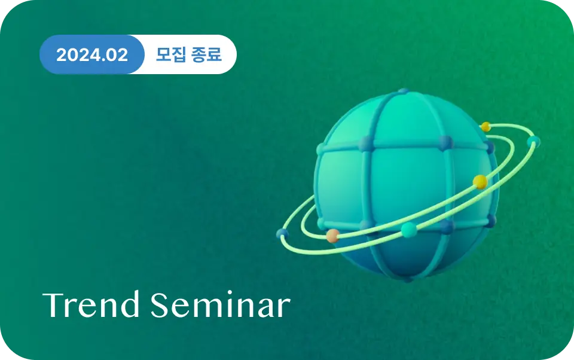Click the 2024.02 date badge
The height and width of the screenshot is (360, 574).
[x=91, y=54]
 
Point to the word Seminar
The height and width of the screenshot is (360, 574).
[x=221, y=304]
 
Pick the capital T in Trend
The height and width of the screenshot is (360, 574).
[x=54, y=305]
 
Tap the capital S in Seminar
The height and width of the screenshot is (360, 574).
[x=160, y=305]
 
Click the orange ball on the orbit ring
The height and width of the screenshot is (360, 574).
[x=333, y=236]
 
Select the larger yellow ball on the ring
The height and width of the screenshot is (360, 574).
[x=480, y=182]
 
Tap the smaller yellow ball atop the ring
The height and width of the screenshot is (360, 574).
[x=486, y=127]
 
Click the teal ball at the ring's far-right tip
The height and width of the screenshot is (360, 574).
[x=534, y=141]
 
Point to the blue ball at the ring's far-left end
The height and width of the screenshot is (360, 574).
[x=282, y=234]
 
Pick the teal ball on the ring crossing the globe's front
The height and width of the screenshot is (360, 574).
[x=409, y=230]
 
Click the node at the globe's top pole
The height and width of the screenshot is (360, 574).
[x=404, y=91]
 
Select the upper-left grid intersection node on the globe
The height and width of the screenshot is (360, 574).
[x=366, y=144]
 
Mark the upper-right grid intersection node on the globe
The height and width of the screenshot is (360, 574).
[x=445, y=143]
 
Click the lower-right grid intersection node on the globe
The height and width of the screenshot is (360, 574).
[x=447, y=227]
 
